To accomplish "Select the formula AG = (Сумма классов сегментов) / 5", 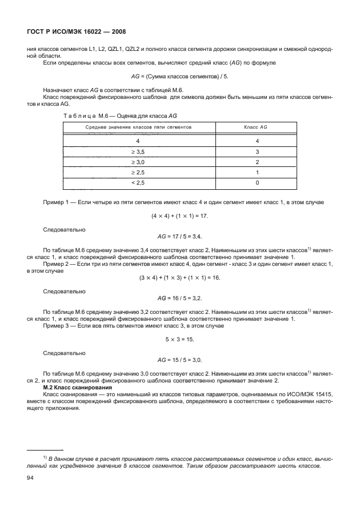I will click(x=179, y=76).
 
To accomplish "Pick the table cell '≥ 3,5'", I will click(x=138, y=152).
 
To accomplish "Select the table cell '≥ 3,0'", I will click(x=138, y=162).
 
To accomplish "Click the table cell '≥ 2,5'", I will click(x=138, y=172).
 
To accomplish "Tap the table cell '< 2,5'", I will click(x=138, y=182).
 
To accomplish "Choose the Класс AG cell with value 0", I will click(x=257, y=182).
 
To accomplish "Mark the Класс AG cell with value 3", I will click(x=257, y=152).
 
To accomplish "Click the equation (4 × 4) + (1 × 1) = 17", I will click(x=179, y=216).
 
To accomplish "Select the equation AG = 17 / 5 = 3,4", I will click(x=179, y=236).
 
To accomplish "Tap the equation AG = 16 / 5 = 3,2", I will click(x=179, y=298).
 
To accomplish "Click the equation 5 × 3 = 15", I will click(x=179, y=339).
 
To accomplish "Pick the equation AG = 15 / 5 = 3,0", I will click(x=179, y=360).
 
